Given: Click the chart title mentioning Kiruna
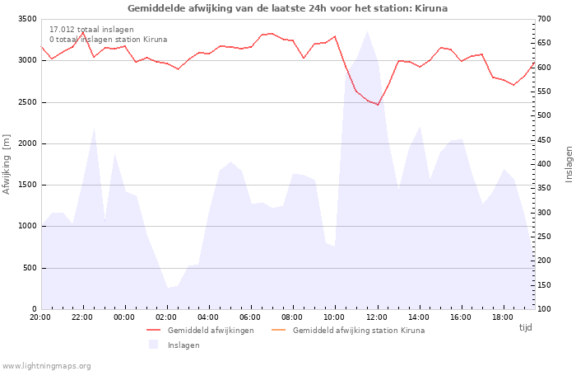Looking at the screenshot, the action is coord(288,8).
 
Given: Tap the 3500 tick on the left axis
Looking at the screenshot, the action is coord(27,19).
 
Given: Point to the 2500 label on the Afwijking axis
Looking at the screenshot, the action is coord(27,102).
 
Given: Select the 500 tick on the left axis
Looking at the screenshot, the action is coord(30,268).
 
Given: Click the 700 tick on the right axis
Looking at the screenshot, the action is coord(545,19).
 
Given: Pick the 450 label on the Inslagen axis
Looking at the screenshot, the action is coord(545,140).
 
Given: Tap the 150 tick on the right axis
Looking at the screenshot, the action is coord(545,285).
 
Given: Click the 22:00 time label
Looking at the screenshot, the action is coord(82,317).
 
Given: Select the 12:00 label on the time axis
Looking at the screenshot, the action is coord(377,317).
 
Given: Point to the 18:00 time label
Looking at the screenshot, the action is coord(503,317).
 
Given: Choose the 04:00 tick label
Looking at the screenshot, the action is coord(208,317).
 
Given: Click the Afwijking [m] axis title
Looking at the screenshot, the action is coord(7,164).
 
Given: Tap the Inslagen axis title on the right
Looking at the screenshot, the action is coord(569,164).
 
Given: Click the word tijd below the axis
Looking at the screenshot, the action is coord(525,327).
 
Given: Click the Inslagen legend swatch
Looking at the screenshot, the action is coord(153,345).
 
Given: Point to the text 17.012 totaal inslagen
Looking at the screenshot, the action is coord(91,30).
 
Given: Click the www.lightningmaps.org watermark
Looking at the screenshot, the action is coord(46,366).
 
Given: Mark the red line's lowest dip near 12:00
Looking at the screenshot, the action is coord(378,105).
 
